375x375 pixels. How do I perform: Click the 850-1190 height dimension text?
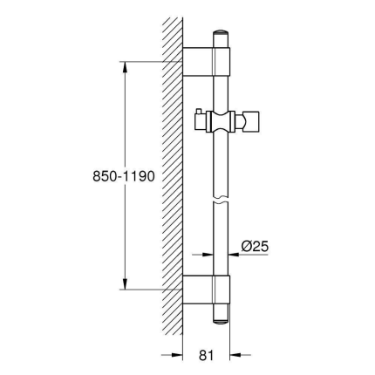[x=123, y=176]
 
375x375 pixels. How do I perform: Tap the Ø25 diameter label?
[x=254, y=247]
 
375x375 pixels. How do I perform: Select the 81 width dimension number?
[x=206, y=355]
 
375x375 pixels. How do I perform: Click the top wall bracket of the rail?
[x=209, y=61]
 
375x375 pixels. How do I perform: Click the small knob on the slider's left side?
[x=199, y=113]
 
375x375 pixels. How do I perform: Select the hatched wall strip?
[x=173, y=174]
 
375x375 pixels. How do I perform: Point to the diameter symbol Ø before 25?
[x=246, y=247]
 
